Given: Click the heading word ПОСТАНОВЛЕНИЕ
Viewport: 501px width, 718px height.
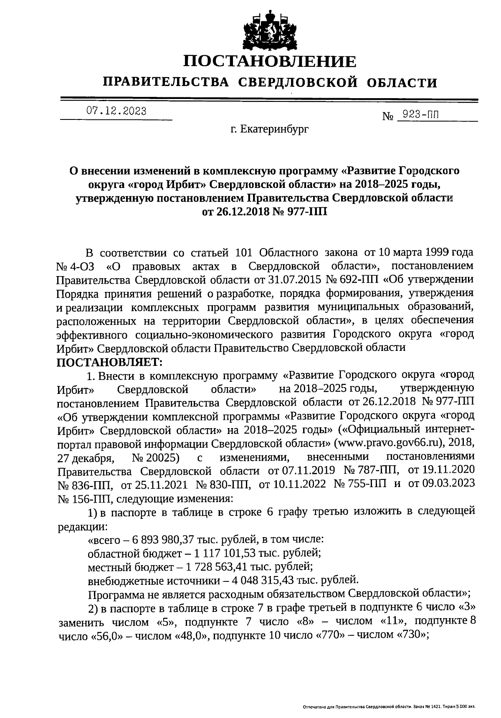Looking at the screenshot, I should click(x=270, y=62).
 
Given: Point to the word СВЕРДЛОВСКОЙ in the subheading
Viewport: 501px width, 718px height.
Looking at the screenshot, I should click(x=298, y=82).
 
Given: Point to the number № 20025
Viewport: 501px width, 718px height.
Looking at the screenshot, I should click(x=156, y=458).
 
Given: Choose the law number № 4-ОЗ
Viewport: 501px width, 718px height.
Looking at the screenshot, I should click(x=76, y=266).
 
